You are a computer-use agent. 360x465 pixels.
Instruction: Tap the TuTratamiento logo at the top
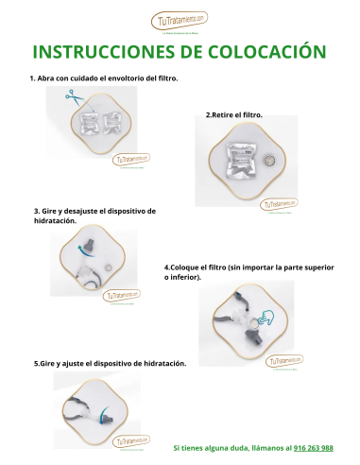coord(180,20)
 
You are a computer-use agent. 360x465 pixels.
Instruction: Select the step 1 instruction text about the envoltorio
coord(104,77)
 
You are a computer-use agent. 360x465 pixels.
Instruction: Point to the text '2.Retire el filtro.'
coord(234,115)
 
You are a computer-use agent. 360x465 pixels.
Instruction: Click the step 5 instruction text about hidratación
coord(111,363)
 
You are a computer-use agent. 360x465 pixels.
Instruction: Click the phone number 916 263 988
coord(313,447)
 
